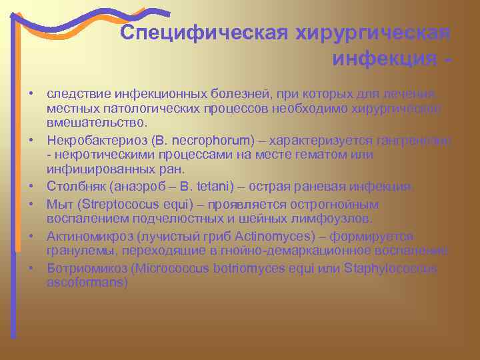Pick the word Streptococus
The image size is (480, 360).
pyautogui.click(x=109, y=204)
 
